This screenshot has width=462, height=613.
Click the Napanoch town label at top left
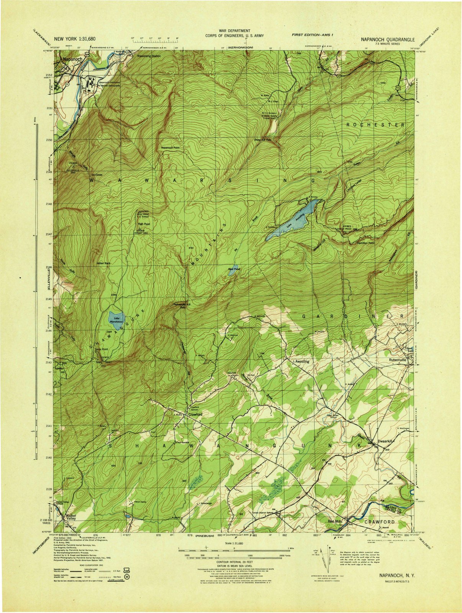point(72,59)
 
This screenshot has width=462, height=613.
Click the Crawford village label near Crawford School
point(195,415)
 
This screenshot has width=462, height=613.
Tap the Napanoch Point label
point(170,148)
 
